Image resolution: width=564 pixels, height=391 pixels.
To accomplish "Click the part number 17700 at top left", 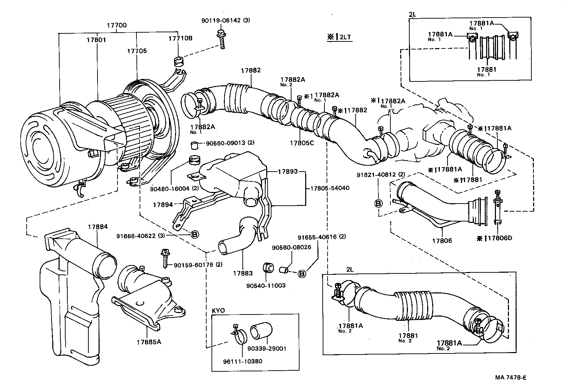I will click(116, 25).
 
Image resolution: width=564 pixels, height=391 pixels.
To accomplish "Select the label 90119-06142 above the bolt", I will click(221, 20).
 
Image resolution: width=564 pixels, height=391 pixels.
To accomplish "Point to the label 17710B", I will click(180, 38).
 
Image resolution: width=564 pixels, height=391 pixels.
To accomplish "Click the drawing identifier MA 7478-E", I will click(510, 378).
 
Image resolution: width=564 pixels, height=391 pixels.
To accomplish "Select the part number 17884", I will click(98, 227).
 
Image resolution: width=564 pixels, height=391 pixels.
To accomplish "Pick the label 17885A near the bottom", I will click(149, 342).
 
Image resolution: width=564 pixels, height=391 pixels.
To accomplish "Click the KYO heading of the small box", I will click(218, 311).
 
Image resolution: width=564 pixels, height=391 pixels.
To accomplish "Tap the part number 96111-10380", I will click(242, 361).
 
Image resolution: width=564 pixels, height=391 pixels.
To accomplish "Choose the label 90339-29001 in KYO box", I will click(267, 349).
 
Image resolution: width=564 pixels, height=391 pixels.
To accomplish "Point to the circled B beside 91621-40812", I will click(379, 203).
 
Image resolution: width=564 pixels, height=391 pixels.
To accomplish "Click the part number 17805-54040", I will click(329, 188).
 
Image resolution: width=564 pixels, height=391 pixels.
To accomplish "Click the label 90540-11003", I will click(266, 285).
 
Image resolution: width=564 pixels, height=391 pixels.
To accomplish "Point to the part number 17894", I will click(163, 204).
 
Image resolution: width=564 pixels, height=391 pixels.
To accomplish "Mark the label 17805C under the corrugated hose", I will click(302, 143).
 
